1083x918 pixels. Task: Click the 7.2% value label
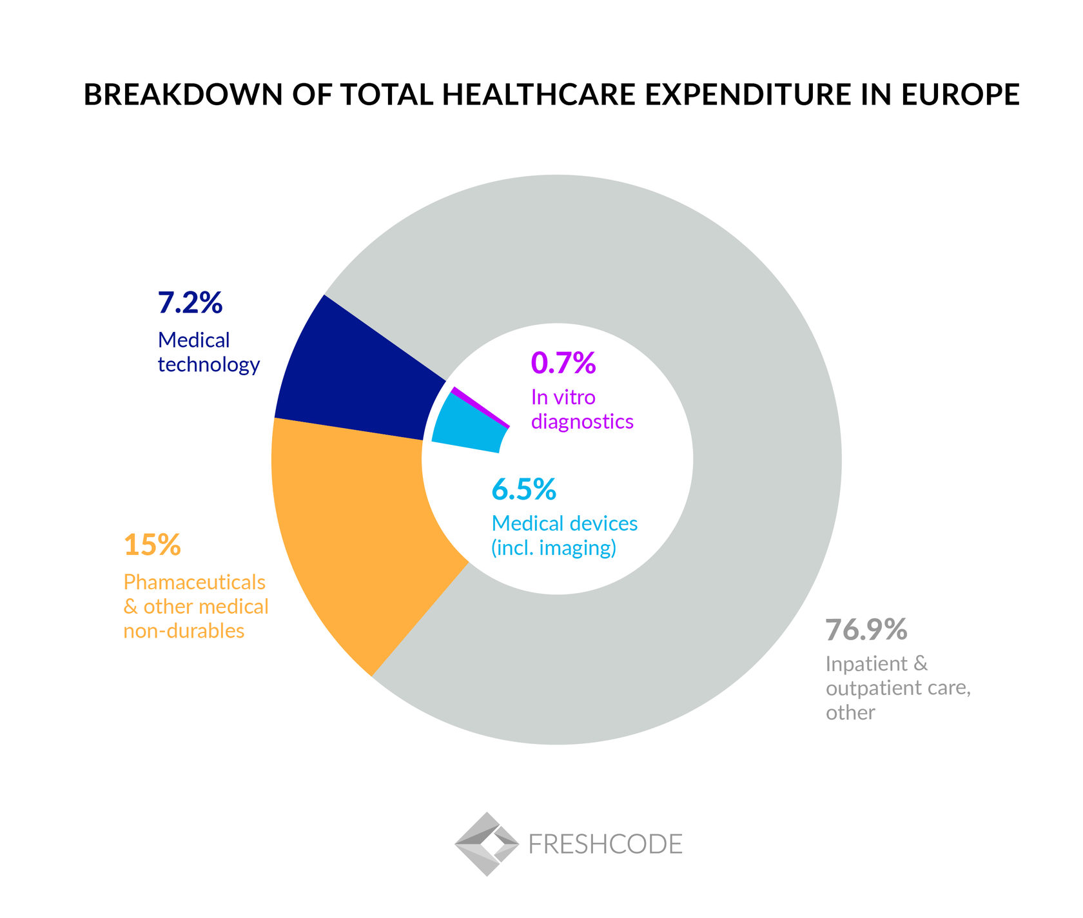click(190, 302)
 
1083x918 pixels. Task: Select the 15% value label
click(152, 545)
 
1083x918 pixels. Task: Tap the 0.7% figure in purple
click(563, 363)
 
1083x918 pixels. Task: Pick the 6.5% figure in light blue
click(523, 489)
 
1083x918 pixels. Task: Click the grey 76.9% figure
click(866, 630)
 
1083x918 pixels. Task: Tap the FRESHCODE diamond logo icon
click(487, 843)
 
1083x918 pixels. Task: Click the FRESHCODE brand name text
click(605, 844)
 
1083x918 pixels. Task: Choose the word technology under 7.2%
click(208, 365)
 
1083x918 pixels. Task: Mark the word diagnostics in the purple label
click(582, 422)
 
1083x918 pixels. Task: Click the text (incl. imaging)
click(554, 548)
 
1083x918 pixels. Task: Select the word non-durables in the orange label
click(184, 630)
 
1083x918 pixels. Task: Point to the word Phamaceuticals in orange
click(194, 582)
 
